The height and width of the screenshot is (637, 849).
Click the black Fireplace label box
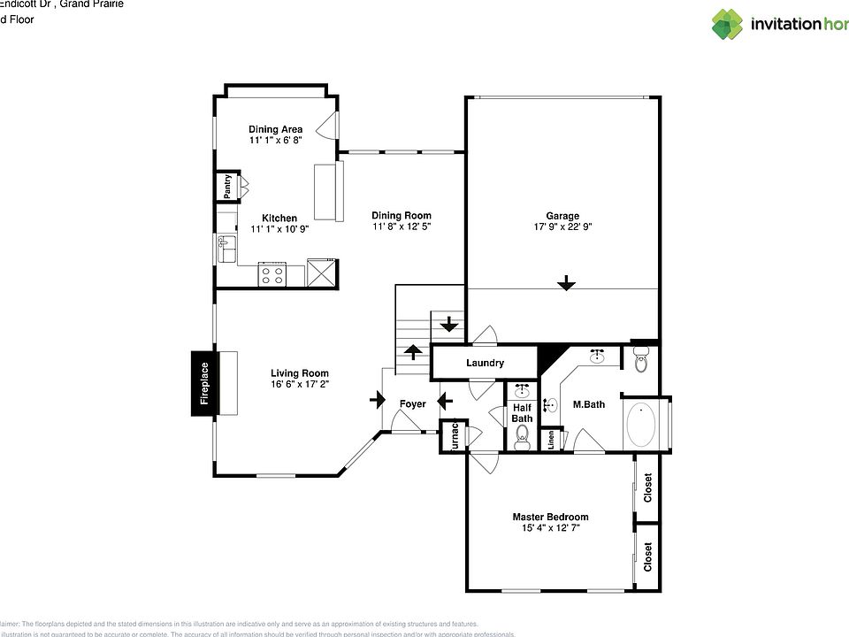pyautogui.click(x=203, y=383)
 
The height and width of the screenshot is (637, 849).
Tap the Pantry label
pyautogui.click(x=228, y=186)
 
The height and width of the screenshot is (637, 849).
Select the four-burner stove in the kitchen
pyautogui.click(x=272, y=273)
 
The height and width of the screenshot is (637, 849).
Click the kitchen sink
pyautogui.click(x=226, y=249)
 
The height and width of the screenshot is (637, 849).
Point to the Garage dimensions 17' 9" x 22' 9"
pyautogui.click(x=562, y=226)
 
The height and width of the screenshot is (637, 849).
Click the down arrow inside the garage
pyautogui.click(x=566, y=283)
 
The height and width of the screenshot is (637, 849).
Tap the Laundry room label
pyautogui.click(x=484, y=363)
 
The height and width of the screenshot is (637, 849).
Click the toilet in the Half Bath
pyautogui.click(x=522, y=435)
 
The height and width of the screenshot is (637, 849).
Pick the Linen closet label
pyautogui.click(x=552, y=438)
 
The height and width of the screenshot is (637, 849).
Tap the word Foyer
pyautogui.click(x=412, y=403)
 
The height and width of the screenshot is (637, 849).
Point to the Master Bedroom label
pyautogui.click(x=550, y=517)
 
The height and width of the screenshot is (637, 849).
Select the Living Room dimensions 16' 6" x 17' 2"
pyautogui.click(x=300, y=384)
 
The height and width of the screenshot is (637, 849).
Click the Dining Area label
pyautogui.click(x=275, y=129)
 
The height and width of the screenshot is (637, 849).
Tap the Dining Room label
pyautogui.click(x=401, y=215)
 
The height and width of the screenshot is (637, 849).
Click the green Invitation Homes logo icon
pyautogui.click(x=727, y=24)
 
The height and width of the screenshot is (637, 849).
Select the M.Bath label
pyautogui.click(x=588, y=404)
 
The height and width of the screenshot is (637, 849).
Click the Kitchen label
pyautogui.click(x=279, y=218)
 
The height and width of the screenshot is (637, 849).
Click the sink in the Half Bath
pyautogui.click(x=522, y=390)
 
